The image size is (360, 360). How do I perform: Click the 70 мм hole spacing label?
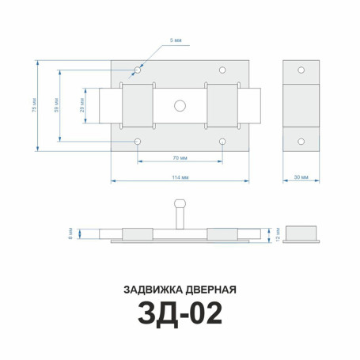180,158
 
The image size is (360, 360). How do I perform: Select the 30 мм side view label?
301,178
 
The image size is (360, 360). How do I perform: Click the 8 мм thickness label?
72,233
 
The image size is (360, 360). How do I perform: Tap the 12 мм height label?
276,233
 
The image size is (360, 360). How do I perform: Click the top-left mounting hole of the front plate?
138,70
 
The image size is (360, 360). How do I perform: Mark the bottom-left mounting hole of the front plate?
138,142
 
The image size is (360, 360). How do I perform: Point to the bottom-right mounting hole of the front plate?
223,142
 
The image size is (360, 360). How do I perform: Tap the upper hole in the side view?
301,69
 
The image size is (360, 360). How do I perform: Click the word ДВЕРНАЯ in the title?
209,288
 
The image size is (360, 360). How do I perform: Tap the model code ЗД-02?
180,315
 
